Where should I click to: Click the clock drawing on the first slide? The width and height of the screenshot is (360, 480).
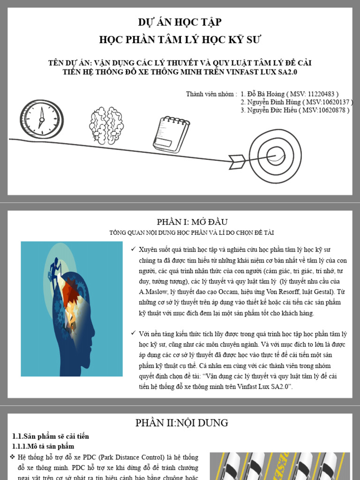[41, 119]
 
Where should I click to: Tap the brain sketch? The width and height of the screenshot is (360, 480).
[107, 125]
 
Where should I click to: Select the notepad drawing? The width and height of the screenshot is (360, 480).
[172, 134]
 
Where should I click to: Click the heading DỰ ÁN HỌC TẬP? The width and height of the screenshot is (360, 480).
[180, 22]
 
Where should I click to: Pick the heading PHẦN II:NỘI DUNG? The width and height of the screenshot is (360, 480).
[182, 423]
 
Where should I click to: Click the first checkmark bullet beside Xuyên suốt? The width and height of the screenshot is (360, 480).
[134, 249]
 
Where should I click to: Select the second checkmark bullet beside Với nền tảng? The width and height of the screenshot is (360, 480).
[134, 333]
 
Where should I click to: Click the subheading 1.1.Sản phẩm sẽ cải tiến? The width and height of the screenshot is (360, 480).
[50, 436]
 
